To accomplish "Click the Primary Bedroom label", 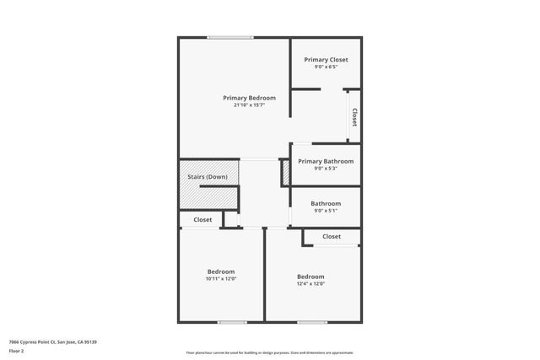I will pos(249,98).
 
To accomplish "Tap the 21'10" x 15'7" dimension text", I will pos(249,105).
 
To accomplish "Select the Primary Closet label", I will pos(326,60).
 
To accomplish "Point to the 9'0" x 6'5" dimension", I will pos(326,67).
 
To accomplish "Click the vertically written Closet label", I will pos(354,117).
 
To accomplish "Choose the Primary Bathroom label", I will pos(326,161).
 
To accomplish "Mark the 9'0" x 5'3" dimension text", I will pos(326,169).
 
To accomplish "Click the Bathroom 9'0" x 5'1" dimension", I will pos(326,211).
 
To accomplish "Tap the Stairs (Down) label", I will pos(207,177).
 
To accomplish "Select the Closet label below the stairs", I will pos(202,220).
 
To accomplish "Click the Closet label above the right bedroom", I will pos(332,237).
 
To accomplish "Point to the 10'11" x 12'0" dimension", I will pos(221,279).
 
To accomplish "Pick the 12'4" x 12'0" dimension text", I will pos(310,284).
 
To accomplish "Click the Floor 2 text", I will pos(17,350).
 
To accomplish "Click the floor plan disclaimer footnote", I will pos(270,352).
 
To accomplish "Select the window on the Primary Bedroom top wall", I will pos(230,37).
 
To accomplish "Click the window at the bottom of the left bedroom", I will pos(232,322).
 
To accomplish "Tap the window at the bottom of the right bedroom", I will pos(312,322).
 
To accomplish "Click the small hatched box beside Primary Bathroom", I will pos(285,173).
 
